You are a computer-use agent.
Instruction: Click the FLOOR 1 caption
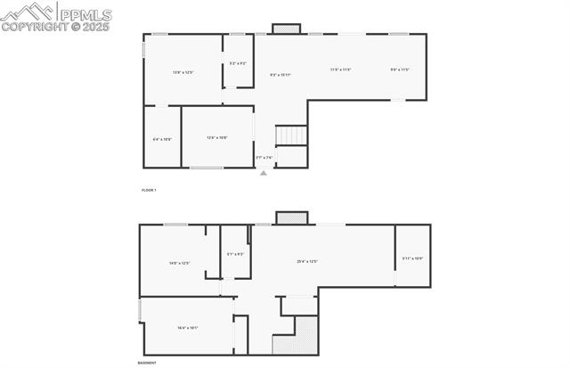coord(149,191)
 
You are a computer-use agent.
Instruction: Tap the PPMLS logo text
coord(85,13)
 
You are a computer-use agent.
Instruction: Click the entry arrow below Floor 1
coord(263,173)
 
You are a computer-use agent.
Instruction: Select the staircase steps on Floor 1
coord(291,135)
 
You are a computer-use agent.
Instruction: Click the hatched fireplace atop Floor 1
coord(285,29)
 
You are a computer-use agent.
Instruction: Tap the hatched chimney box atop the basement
coord(291,217)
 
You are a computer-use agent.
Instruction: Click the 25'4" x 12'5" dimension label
coord(307,261)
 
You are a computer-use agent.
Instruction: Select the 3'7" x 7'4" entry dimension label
coord(265,158)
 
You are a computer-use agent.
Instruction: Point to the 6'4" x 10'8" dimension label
coord(162,139)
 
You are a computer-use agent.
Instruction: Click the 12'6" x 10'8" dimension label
coord(217,137)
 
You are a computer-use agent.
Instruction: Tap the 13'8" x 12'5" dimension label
coord(183,71)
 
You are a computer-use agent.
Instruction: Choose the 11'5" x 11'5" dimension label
coord(340,70)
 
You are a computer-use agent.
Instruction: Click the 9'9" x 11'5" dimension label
coord(400,70)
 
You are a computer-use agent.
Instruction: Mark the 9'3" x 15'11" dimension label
coord(281,75)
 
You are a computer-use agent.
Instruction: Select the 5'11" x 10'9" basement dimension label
coord(412,258)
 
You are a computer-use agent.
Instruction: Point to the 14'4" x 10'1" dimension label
coord(187,328)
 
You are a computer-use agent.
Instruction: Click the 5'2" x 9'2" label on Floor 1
coord(238,63)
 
